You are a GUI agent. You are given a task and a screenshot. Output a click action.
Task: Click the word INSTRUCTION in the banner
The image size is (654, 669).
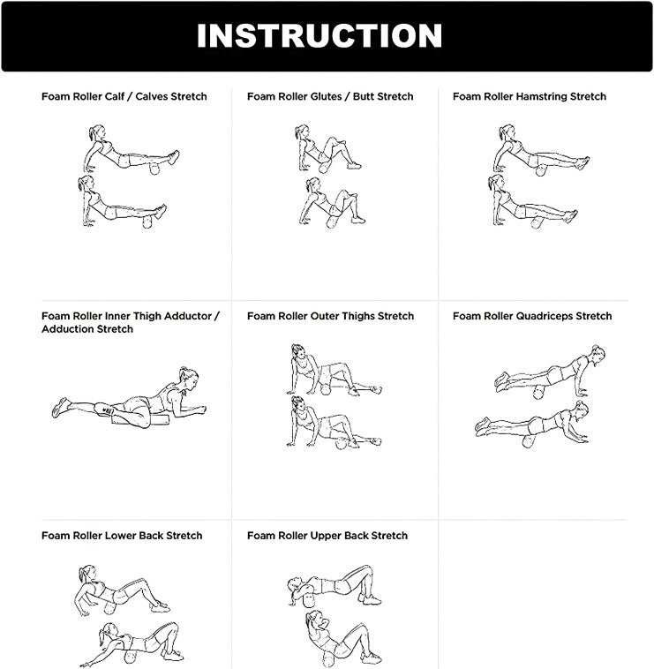click(319, 35)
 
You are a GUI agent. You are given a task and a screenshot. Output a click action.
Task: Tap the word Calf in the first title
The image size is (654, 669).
click(115, 96)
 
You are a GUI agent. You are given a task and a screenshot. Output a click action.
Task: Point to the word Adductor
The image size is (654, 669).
click(188, 316)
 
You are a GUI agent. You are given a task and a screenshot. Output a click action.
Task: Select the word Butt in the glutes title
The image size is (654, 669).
click(363, 96)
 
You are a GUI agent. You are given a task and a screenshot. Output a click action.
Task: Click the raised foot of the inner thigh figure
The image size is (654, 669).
click(60, 408)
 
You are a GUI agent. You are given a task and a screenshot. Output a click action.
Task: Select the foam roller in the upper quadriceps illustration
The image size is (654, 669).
click(539, 392)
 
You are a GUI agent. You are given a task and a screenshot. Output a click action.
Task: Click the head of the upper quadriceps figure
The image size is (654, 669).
click(597, 354)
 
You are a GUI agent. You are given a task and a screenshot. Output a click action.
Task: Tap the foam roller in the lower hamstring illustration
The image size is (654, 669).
click(537, 222)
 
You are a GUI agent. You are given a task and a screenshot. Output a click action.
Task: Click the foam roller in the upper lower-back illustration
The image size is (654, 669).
click(109, 608)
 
